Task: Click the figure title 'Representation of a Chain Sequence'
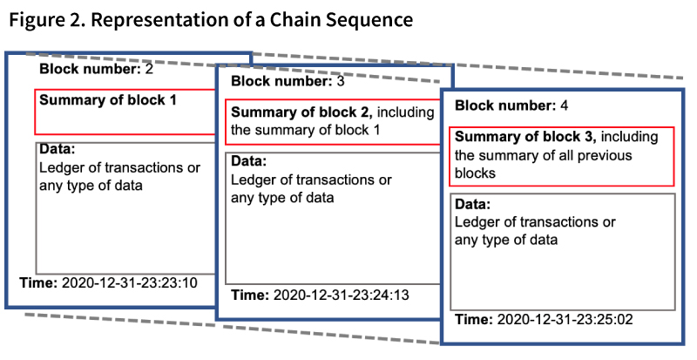[x=252, y=20]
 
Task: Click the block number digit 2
[x=149, y=69]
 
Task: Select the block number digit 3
[x=341, y=81]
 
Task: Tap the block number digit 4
[x=564, y=106]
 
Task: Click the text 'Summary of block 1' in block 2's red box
[x=108, y=100]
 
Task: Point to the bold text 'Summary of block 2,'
[x=301, y=112]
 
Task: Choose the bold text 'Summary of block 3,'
[x=525, y=137]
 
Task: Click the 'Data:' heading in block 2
[x=58, y=149]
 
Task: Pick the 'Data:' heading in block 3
[x=249, y=161]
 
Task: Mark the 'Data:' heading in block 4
[x=472, y=204]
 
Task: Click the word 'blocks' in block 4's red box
[x=475, y=173]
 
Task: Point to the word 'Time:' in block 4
[x=473, y=320]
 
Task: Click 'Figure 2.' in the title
[x=47, y=20]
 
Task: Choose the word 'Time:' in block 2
[x=38, y=282]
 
